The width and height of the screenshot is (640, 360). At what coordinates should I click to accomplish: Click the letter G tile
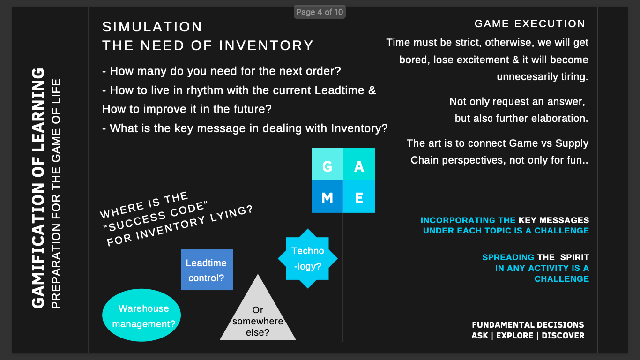[x=327, y=165]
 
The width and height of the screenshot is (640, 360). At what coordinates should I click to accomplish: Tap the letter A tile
[x=359, y=165]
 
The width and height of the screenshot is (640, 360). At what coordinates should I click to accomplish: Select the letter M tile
[x=327, y=197]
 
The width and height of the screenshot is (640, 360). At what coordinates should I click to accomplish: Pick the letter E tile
[x=359, y=197]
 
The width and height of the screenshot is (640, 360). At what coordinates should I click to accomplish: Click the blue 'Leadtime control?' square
[x=207, y=270]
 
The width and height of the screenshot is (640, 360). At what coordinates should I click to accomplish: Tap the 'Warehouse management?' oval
[x=142, y=315]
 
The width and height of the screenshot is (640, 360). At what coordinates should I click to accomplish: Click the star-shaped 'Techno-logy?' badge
[x=308, y=258]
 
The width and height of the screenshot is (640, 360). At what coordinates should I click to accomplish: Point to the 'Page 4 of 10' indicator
[x=320, y=12]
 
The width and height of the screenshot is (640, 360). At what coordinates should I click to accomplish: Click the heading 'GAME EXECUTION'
[x=530, y=24]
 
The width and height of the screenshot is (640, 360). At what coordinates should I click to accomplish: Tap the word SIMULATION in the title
[x=152, y=27]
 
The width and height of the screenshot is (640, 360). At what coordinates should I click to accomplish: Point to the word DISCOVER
[x=563, y=336]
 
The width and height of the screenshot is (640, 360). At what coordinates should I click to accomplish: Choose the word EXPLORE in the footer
[x=514, y=336]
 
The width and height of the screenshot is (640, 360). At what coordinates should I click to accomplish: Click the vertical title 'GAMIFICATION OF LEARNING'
[x=38, y=187]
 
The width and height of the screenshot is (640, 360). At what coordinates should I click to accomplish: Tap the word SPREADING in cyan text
[x=508, y=257]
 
